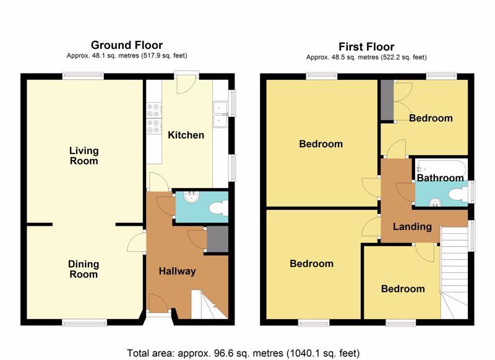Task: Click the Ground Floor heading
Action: tap(127, 45)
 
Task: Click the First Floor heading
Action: tap(366, 47)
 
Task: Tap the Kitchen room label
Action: tap(186, 135)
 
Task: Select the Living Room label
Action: tap(84, 155)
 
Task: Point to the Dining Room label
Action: tap(84, 269)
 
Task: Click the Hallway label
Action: tap(177, 271)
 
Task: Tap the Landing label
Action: tap(412, 226)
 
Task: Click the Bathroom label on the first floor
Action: tap(441, 178)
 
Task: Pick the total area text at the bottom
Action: tap(243, 353)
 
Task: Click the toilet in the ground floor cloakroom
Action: tap(218, 208)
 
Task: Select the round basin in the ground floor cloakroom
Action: tap(191, 197)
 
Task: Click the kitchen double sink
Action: tap(221, 114)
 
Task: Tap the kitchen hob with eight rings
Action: tap(154, 118)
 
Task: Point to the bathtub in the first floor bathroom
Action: tap(441, 166)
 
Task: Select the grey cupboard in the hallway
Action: tap(218, 239)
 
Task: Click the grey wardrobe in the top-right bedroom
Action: tap(387, 100)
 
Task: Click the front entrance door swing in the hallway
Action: tap(158, 303)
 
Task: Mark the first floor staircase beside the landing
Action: tap(454, 273)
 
